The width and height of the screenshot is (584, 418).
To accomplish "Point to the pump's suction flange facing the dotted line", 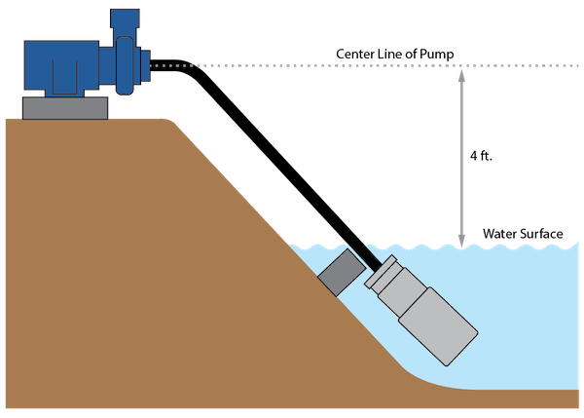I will [x=146, y=65].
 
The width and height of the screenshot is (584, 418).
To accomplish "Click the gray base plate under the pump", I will [x=64, y=108].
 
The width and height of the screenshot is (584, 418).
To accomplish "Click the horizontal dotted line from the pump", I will [x=292, y=66].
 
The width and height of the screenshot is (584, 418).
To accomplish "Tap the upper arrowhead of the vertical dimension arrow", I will [x=462, y=74].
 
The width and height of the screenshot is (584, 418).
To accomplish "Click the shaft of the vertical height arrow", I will [x=462, y=156].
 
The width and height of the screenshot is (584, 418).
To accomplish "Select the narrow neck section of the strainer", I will [x=403, y=292].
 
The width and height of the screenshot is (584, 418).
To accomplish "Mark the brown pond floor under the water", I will [x=516, y=399].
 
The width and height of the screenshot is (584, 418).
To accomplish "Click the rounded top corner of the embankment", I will [x=173, y=121].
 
